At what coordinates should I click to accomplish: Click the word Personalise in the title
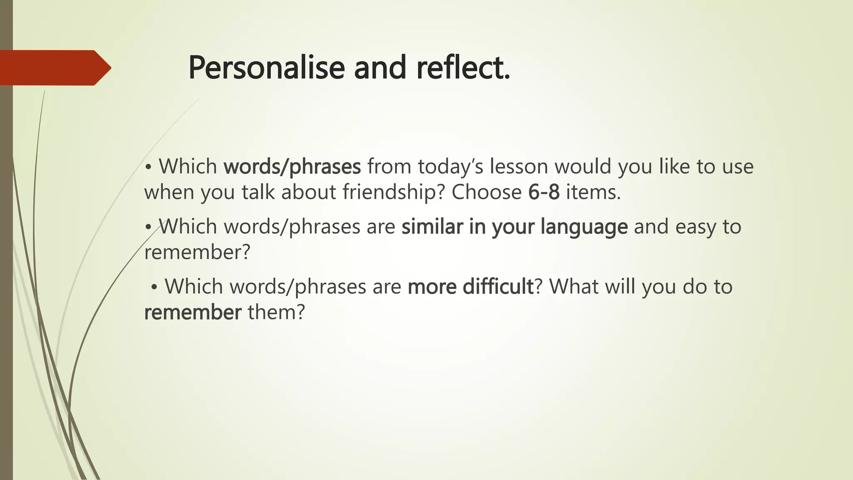tap(266, 68)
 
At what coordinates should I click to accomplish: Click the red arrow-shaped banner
tap(54, 68)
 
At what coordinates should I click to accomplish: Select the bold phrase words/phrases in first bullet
tap(292, 167)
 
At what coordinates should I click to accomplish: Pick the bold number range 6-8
tap(544, 192)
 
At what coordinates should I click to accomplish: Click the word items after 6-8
tap(593, 192)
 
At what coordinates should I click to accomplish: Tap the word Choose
tap(486, 192)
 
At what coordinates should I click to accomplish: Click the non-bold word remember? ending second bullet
tap(197, 252)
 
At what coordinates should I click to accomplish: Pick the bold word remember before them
tap(192, 312)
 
